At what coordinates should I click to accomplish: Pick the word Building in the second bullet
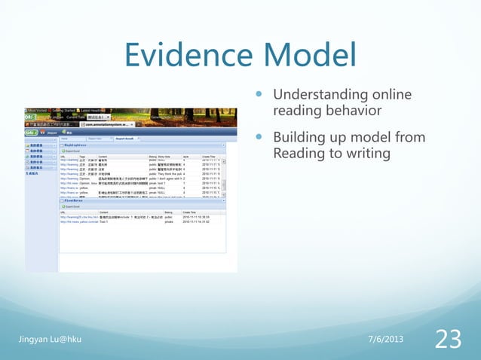pos(299,138)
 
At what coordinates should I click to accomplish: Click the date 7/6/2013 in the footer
pos(384,340)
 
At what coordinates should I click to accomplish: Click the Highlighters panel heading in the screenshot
pos(81,145)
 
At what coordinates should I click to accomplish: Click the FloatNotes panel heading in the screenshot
pos(78,201)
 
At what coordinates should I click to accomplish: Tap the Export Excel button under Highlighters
pos(72,151)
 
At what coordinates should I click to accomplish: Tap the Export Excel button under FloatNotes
pos(72,207)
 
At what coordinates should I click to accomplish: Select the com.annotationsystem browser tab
pos(136,124)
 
